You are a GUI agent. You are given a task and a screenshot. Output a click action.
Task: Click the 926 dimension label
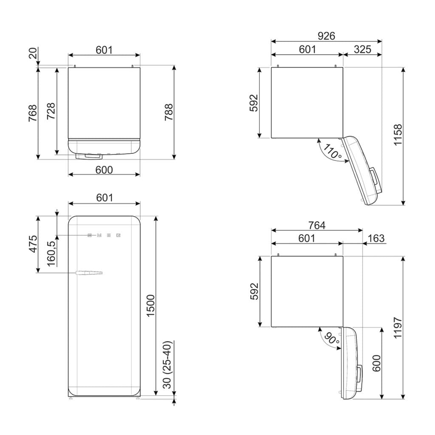pyautogui.click(x=326, y=36)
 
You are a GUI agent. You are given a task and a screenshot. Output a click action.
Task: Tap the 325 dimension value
pyautogui.click(x=362, y=49)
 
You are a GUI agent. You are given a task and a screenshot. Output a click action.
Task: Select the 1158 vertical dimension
pyautogui.click(x=398, y=135)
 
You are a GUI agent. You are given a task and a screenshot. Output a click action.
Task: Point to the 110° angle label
pyautogui.click(x=332, y=152)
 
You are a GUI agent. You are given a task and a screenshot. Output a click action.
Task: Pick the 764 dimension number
pyautogui.click(x=317, y=225)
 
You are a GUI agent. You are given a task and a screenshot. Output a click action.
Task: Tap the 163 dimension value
pyautogui.click(x=376, y=238)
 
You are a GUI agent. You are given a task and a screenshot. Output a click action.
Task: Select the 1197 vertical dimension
pyautogui.click(x=398, y=328)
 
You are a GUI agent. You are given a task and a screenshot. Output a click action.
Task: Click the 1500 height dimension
pyautogui.click(x=150, y=306)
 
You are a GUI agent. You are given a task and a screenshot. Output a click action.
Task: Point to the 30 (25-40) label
pyautogui.click(x=167, y=365)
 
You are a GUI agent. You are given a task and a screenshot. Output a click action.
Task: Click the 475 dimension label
pyautogui.click(x=33, y=244)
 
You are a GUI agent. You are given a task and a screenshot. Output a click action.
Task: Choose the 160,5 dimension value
pyautogui.click(x=51, y=254)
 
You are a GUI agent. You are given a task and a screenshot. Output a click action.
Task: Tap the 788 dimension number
pyautogui.click(x=169, y=112)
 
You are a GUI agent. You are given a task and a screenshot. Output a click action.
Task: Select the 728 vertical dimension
pyautogui.click(x=51, y=111)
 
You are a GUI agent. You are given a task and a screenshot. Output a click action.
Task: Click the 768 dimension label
pyautogui.click(x=32, y=113)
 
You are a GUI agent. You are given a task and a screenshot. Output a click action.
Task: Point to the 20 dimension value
pyautogui.click(x=32, y=53)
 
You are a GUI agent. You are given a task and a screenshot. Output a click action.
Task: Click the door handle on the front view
pyautogui.click(x=89, y=273)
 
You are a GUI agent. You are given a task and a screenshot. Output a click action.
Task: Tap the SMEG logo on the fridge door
pyautogui.click(x=104, y=235)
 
